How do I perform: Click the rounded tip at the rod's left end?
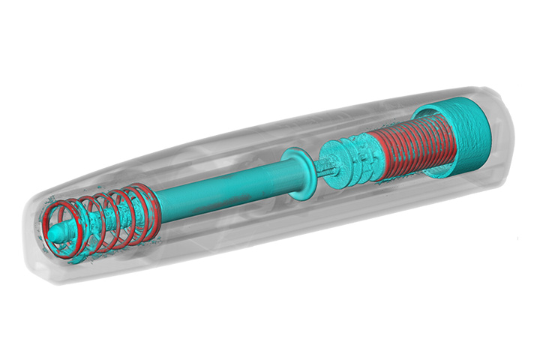pos(55,234)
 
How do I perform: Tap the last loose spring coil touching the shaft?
pos(147,201)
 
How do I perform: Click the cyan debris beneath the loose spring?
pos(82,258)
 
